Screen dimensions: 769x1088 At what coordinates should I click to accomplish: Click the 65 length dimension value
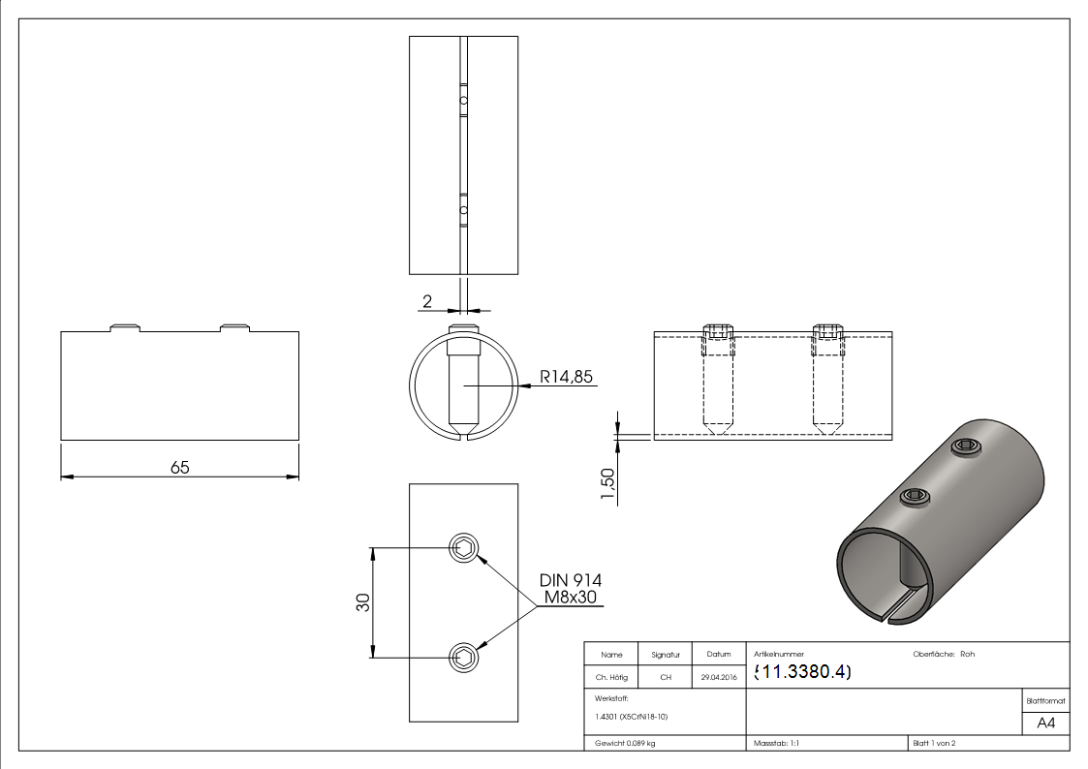[x=180, y=467]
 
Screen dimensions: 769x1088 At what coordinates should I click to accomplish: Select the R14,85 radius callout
[x=567, y=377]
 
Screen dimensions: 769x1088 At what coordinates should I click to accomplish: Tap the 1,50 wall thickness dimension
[x=608, y=484]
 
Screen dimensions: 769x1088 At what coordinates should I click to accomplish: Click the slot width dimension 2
[x=427, y=301]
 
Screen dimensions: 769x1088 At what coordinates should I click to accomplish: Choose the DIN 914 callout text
[x=571, y=580]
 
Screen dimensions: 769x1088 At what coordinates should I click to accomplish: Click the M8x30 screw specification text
[x=571, y=597]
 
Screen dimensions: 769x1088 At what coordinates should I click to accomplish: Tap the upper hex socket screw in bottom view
[x=463, y=547]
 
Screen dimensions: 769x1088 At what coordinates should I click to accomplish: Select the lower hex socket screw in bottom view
[x=463, y=659]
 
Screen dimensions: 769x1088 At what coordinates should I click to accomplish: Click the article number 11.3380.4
[x=802, y=672]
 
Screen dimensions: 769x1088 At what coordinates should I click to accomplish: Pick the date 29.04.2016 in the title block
[x=718, y=677]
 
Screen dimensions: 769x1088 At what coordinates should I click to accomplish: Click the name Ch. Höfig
[x=611, y=677]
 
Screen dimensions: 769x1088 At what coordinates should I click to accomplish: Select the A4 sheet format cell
[x=1046, y=723]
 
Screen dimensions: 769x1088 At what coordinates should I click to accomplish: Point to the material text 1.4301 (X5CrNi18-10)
[x=631, y=716]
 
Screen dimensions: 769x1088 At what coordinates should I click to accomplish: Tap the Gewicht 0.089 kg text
[x=625, y=743]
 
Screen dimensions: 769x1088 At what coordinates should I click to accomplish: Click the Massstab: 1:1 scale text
[x=776, y=743]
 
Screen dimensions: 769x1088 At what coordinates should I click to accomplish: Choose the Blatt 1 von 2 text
[x=934, y=743]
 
